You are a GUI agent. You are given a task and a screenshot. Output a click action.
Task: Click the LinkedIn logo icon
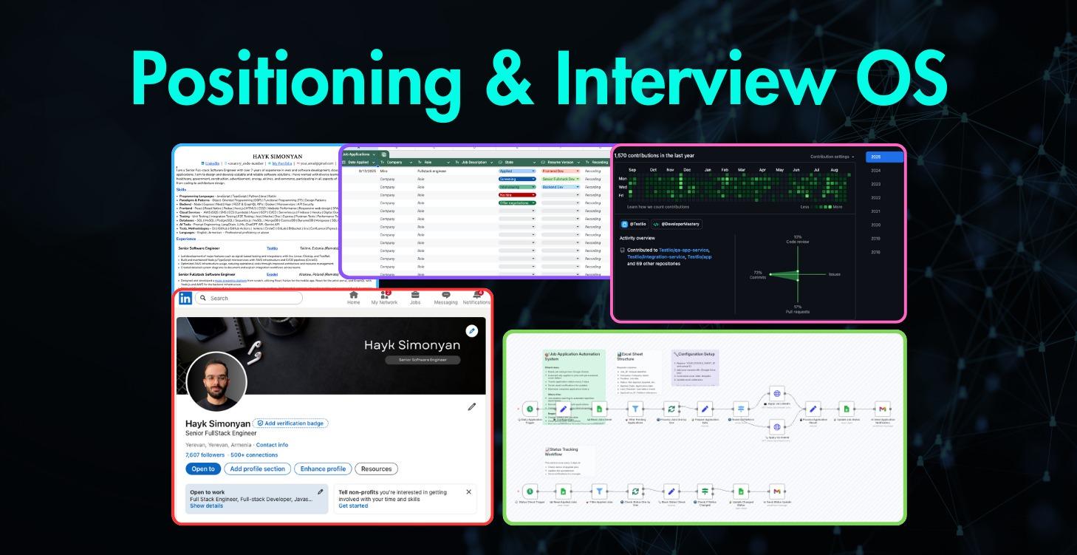pyautogui.click(x=185, y=298)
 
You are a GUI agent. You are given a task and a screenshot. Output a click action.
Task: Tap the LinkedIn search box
pyautogui.click(x=248, y=298)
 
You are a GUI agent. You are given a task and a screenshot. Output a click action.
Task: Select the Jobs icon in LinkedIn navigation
pyautogui.click(x=415, y=298)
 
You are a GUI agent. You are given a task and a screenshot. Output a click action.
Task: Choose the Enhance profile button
pyautogui.click(x=323, y=469)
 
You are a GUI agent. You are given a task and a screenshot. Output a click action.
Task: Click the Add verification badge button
pyautogui.click(x=291, y=423)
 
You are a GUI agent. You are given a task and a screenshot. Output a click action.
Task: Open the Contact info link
pyautogui.click(x=272, y=445)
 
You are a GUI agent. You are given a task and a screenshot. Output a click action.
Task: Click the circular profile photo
pyautogui.click(x=216, y=381)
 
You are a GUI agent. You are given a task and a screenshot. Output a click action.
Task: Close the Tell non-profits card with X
pyautogui.click(x=468, y=491)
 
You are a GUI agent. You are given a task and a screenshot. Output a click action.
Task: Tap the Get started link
pyautogui.click(x=353, y=506)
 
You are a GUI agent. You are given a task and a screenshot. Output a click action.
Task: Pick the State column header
pyautogui.click(x=510, y=162)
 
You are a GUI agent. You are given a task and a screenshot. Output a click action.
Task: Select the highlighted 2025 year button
pyautogui.click(x=884, y=157)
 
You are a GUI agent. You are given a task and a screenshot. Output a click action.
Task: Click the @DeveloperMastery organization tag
pyautogui.click(x=676, y=224)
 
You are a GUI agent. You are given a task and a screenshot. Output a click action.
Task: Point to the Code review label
pyautogui.click(x=798, y=241)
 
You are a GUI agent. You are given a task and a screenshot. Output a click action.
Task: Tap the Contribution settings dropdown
pyautogui.click(x=832, y=157)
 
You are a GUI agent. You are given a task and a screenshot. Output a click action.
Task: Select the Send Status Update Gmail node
pyautogui.click(x=775, y=491)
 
